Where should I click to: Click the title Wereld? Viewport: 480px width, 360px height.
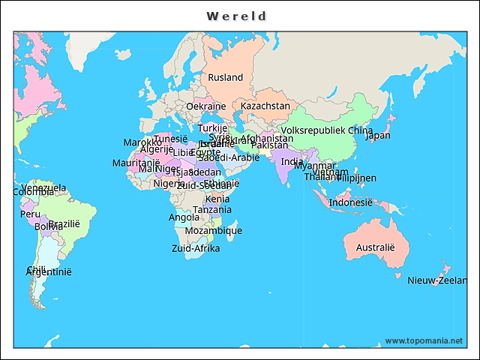pyautogui.click(x=237, y=16)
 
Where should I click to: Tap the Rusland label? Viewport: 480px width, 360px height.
pyautogui.click(x=225, y=77)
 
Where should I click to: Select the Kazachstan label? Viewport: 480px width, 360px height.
pyautogui.click(x=265, y=106)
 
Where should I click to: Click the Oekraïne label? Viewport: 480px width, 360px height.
pyautogui.click(x=205, y=106)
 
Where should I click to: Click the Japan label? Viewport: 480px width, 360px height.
pyautogui.click(x=377, y=136)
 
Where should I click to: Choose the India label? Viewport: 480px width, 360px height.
pyautogui.click(x=292, y=161)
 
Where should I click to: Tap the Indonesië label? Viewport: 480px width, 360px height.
pyautogui.click(x=350, y=202)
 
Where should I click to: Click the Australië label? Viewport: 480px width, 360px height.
pyautogui.click(x=374, y=247)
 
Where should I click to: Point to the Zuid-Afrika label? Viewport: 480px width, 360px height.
pyautogui.click(x=195, y=248)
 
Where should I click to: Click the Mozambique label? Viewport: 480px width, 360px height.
pyautogui.click(x=213, y=230)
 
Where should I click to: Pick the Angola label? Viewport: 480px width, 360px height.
pyautogui.click(x=184, y=217)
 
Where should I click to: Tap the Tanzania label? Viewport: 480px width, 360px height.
pyautogui.click(x=211, y=209)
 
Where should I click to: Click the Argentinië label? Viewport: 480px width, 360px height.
pyautogui.click(x=48, y=272)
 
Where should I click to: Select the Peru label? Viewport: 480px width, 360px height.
pyautogui.click(x=30, y=214)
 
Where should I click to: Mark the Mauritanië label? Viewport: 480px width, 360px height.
pyautogui.click(x=136, y=163)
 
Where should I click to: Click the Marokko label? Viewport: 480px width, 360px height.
pyautogui.click(x=142, y=142)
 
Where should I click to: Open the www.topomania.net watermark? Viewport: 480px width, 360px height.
pyautogui.click(x=424, y=340)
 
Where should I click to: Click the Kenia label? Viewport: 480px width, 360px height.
pyautogui.click(x=217, y=199)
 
